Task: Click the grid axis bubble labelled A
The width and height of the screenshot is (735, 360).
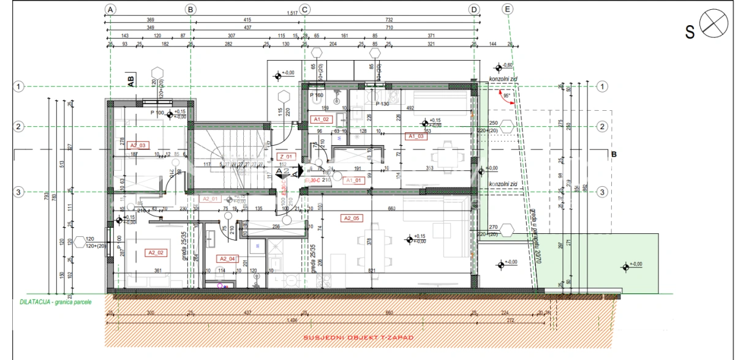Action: point(110,9)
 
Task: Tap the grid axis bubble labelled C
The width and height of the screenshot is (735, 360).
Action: point(305,9)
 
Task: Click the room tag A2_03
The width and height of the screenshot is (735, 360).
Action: point(138,146)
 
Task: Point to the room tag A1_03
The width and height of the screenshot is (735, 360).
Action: point(417,137)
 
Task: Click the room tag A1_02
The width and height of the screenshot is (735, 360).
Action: point(322,119)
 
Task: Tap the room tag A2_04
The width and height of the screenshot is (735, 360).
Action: point(227,258)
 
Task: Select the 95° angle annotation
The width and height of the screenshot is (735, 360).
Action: point(506,96)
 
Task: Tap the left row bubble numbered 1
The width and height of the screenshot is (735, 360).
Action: point(19,87)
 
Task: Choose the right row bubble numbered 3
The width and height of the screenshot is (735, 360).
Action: point(603,192)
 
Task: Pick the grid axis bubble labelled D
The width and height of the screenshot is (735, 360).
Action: point(474,9)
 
